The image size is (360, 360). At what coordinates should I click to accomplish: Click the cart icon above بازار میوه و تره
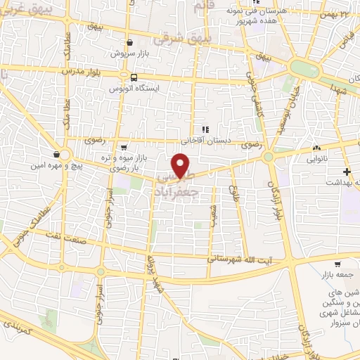(x=124, y=148)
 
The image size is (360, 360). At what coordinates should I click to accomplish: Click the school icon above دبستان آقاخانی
(x=205, y=129)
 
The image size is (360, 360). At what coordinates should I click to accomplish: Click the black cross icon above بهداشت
(x=346, y=172)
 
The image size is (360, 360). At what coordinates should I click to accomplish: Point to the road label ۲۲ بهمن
(x=345, y=13)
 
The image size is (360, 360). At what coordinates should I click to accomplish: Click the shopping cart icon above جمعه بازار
(x=338, y=264)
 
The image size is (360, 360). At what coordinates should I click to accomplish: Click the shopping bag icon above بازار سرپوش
(x=129, y=43)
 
